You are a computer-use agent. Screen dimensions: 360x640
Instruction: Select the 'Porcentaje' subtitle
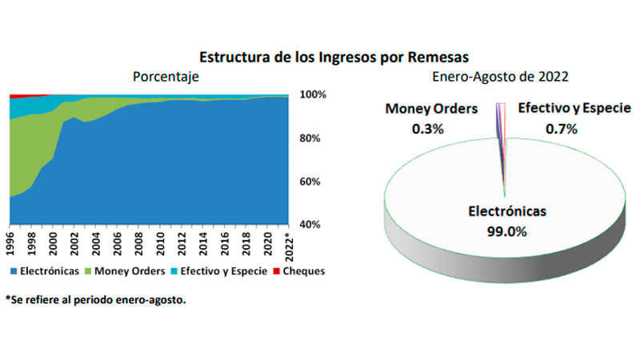coord(166,77)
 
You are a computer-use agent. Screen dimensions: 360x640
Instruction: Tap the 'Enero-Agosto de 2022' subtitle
coord(490,77)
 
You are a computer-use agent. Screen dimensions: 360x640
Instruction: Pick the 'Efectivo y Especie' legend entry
coord(223,272)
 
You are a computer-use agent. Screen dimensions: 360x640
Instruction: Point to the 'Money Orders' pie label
coord(431,109)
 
